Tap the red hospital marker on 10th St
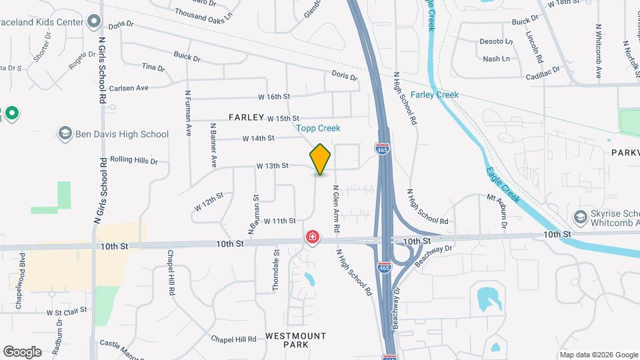312,237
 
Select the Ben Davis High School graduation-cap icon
65,134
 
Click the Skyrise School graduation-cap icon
580,217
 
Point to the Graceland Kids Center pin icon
94,22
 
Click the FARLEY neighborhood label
247,117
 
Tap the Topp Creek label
318,128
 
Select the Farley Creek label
434,95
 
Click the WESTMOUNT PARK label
296,340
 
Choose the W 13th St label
272,165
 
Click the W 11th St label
279,221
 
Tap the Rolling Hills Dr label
133,161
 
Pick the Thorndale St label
276,270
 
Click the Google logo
22,352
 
